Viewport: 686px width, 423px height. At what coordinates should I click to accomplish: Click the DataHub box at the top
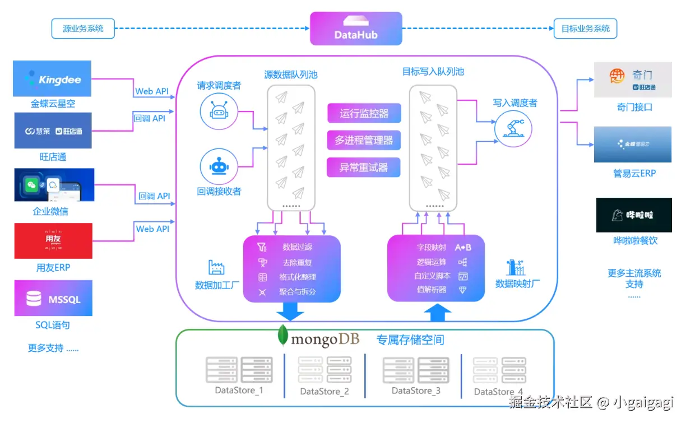(356, 29)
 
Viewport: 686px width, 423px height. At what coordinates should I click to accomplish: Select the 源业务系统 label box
(83, 29)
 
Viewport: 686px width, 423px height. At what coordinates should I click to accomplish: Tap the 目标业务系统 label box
(585, 29)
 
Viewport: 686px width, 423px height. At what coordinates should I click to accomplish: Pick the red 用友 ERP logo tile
(54, 241)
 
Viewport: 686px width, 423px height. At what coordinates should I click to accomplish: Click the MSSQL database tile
(54, 299)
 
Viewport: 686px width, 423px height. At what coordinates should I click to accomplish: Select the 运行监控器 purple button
(364, 114)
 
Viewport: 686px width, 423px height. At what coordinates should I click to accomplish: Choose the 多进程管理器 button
(364, 140)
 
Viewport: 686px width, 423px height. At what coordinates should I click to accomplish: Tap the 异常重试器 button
(364, 167)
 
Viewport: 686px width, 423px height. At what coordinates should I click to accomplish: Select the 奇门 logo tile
(633, 80)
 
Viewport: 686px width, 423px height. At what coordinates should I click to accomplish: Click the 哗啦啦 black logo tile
(633, 215)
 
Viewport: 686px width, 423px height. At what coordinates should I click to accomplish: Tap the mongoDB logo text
(318, 338)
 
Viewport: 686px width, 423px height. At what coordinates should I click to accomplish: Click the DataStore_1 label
(239, 390)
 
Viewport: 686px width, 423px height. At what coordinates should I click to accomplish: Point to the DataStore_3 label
(416, 391)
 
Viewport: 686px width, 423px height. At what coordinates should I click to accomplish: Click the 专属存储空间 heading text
(410, 340)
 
